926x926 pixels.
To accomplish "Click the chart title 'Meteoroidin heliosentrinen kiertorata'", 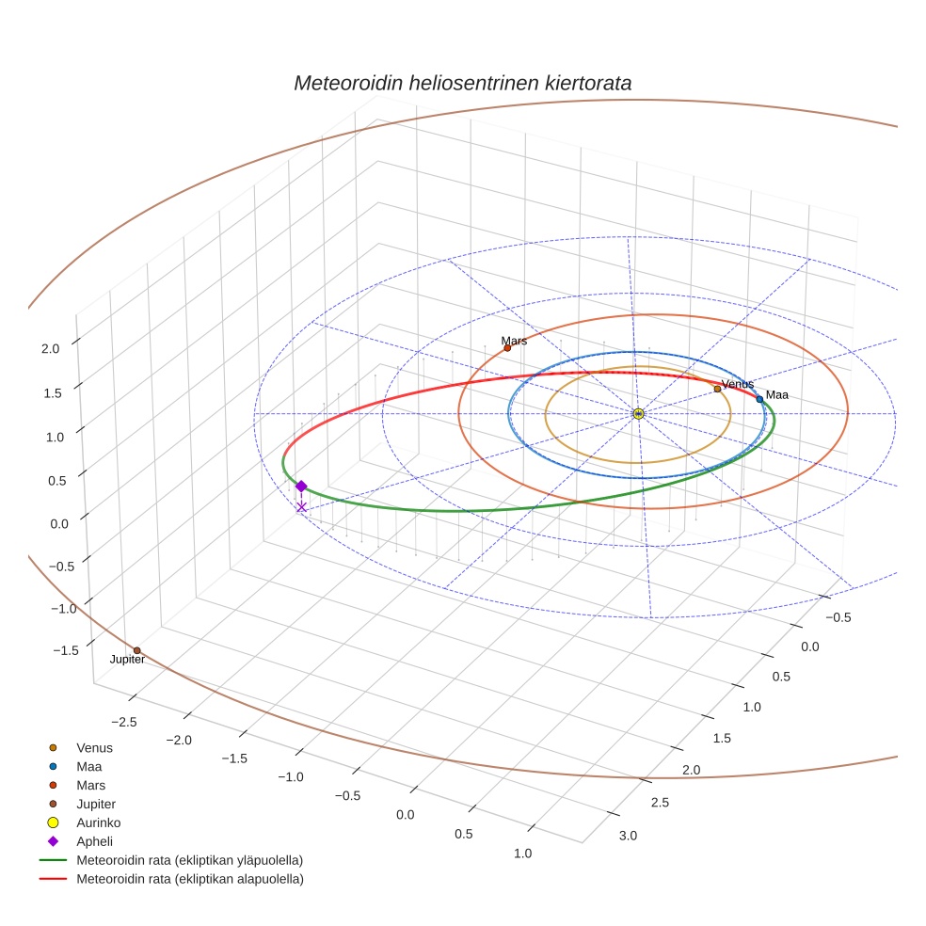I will pos(462,83).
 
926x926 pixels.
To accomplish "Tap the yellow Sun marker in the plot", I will pos(638,414).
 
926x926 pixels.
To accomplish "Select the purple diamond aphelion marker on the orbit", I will pos(301,486).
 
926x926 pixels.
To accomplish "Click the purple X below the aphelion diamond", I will pos(301,507).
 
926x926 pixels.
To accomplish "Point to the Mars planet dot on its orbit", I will pos(507,348).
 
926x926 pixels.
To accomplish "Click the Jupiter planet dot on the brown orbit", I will pos(136,650).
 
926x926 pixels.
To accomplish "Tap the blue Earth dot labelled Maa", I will pos(759,399).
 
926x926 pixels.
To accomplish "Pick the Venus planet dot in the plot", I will pos(717,389).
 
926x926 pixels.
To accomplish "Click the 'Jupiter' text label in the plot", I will pos(127,661).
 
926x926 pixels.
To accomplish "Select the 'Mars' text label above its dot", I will pos(514,341).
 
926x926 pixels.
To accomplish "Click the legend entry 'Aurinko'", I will pos(98,822).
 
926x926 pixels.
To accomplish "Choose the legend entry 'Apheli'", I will pos(93,841).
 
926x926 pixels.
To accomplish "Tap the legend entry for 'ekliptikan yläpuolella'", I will pos(189,860).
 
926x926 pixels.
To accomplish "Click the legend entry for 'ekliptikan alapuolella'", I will pos(189,879).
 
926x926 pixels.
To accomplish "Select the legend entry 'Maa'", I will pos(89,766).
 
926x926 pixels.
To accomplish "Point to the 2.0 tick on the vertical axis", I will pos(49,348).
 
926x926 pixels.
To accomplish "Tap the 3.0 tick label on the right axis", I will pos(627,836).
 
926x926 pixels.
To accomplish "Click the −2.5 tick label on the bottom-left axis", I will pos(124,721).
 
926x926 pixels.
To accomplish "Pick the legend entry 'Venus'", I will pos(94,747).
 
